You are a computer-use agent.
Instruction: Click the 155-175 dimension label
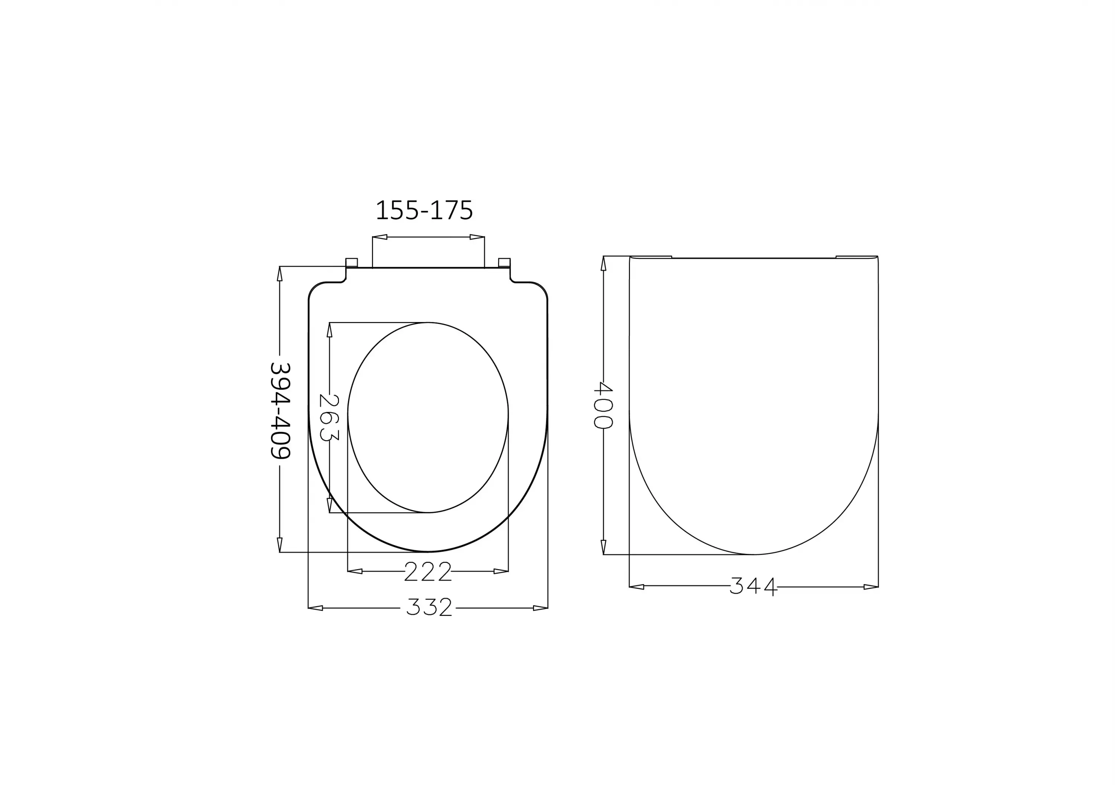(x=424, y=210)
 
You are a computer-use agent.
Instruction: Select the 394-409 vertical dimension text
(x=280, y=410)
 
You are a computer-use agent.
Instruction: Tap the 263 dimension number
(x=329, y=417)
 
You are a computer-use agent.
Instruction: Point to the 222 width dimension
(x=428, y=571)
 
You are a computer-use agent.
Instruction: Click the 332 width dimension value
(x=429, y=607)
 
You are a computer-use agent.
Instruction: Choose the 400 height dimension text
(x=603, y=405)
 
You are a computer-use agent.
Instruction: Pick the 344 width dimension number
(x=753, y=586)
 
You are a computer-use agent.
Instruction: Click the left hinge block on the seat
(x=352, y=263)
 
